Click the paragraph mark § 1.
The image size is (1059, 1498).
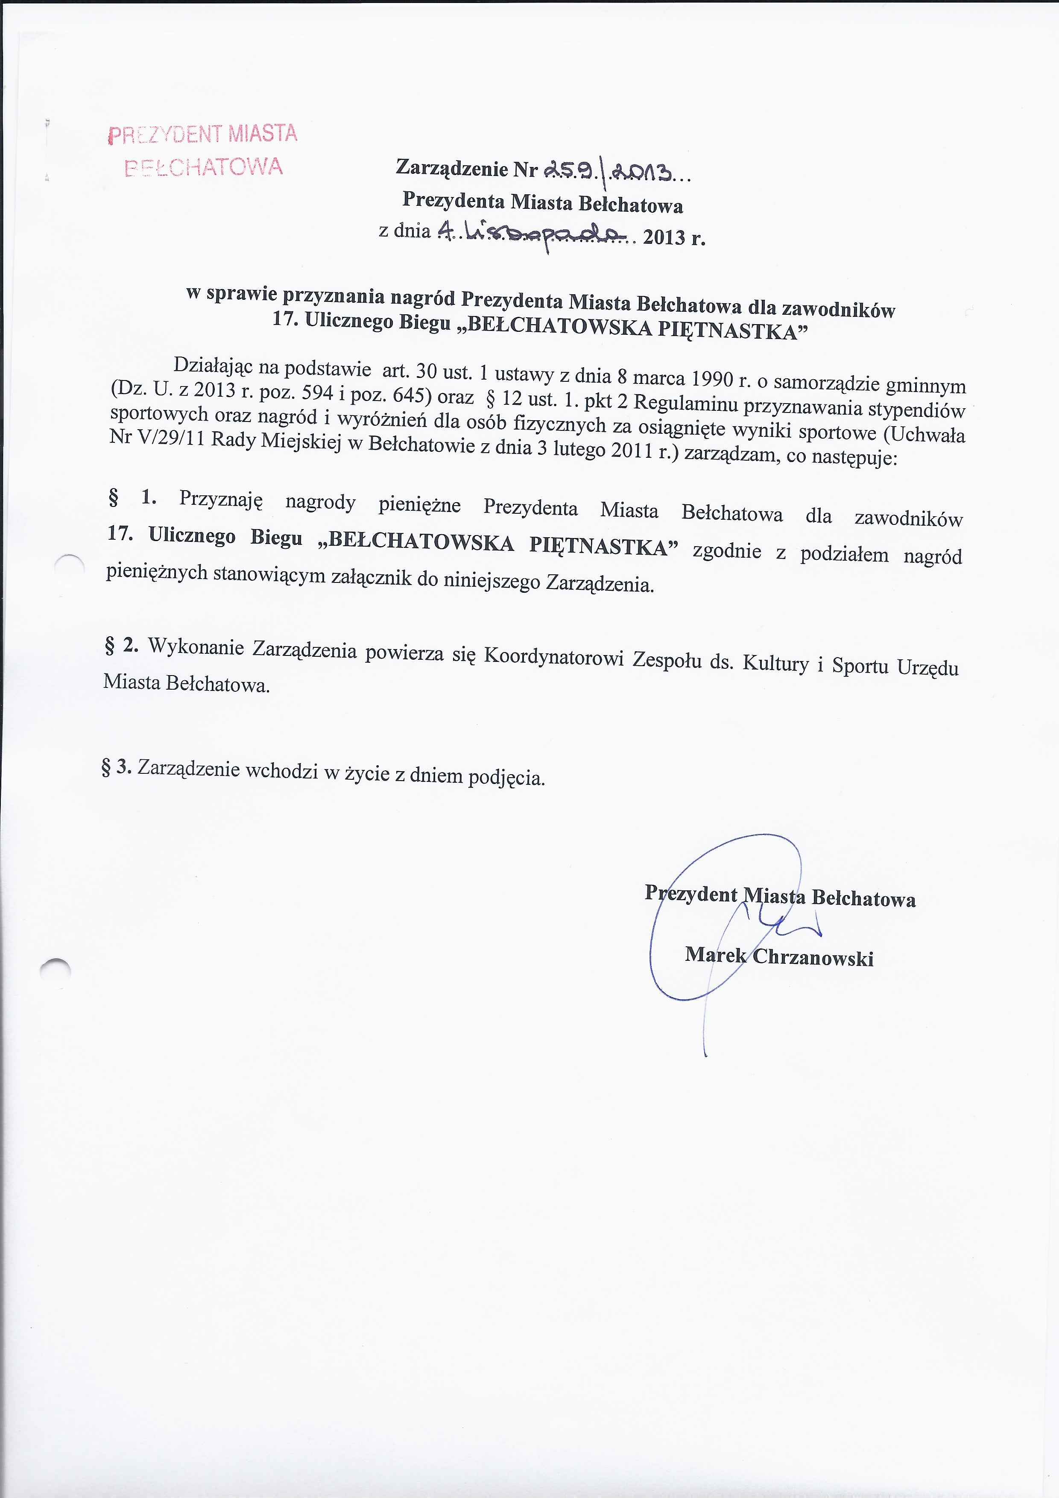[x=131, y=498]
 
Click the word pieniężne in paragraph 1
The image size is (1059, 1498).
[x=420, y=505]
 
